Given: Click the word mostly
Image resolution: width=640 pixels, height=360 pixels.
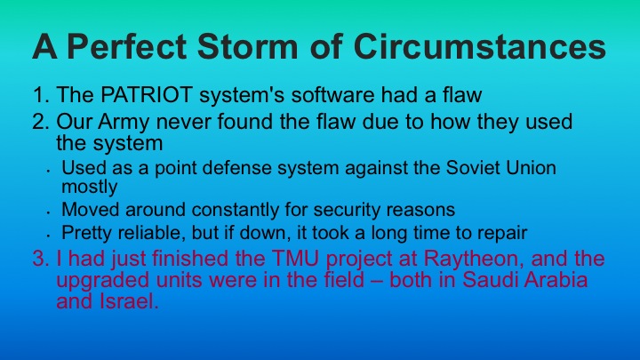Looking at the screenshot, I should pyautogui.click(x=90, y=187).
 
